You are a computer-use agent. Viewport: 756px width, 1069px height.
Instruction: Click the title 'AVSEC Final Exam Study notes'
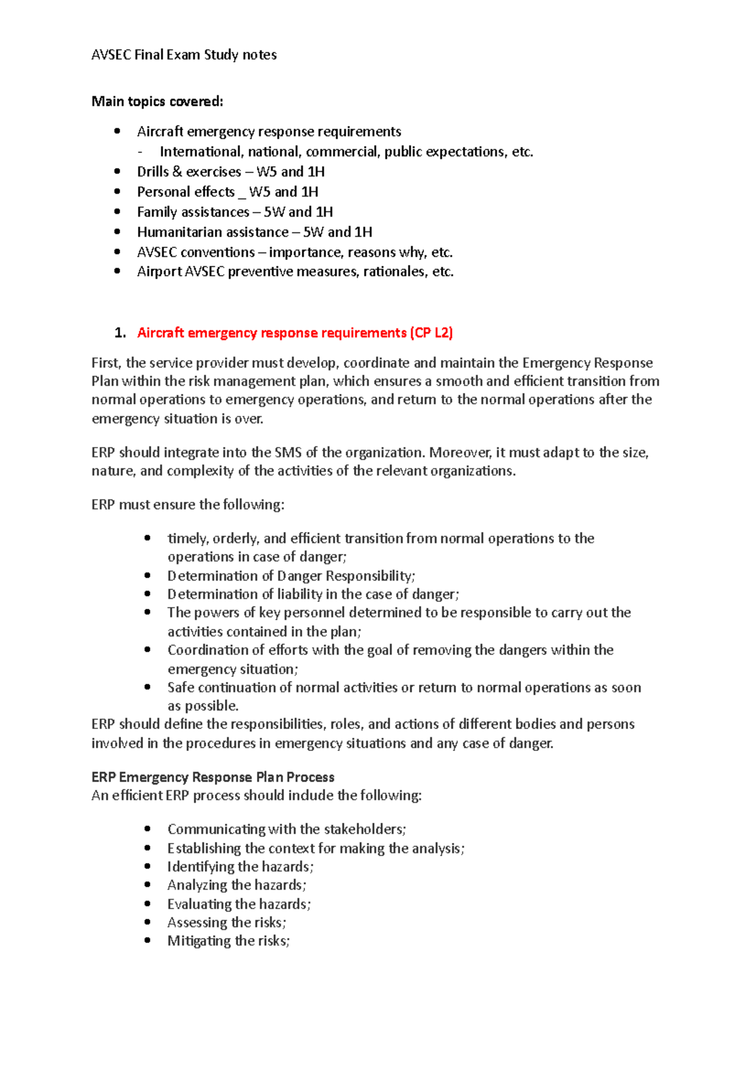tap(184, 55)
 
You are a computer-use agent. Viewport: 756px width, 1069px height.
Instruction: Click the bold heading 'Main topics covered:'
tap(157, 101)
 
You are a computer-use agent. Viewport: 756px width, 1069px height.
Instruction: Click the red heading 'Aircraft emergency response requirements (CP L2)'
tap(295, 333)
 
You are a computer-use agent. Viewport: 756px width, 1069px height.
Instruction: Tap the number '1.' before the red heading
tap(120, 333)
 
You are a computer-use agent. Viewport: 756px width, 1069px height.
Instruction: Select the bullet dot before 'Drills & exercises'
tap(117, 171)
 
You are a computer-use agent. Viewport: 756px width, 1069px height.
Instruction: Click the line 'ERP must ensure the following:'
tap(188, 505)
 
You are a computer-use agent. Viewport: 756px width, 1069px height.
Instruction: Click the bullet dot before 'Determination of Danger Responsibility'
tap(147, 575)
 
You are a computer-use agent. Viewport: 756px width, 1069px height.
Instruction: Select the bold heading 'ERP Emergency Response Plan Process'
tap(212, 777)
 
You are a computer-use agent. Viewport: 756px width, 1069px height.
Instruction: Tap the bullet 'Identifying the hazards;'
tap(239, 867)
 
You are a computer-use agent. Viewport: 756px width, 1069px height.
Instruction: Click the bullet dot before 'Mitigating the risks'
tap(147, 941)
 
